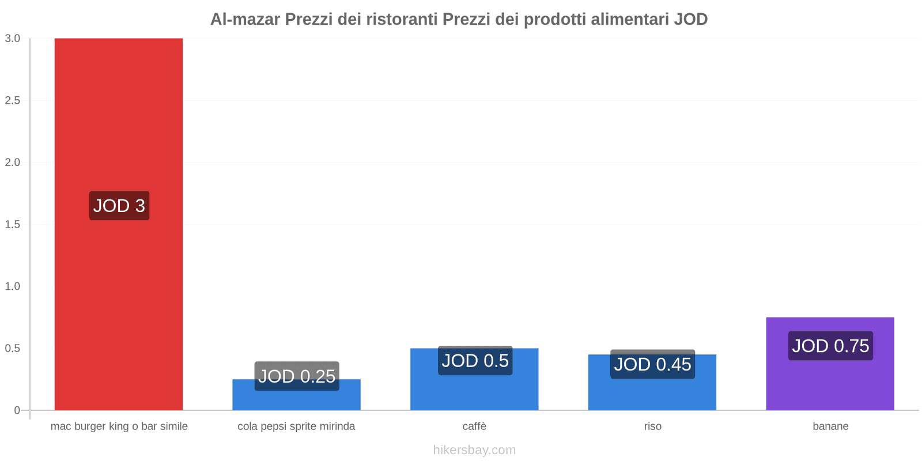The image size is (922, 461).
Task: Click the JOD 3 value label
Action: [119, 206]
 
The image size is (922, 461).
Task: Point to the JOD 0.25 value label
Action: [297, 376]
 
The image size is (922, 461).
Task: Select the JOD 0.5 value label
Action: [475, 361]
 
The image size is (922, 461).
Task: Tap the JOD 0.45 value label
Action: [652, 364]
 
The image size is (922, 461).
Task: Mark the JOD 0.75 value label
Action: [830, 346]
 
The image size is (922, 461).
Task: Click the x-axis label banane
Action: [830, 426]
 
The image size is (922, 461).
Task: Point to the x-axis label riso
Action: [652, 426]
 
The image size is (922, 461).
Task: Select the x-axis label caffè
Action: [474, 426]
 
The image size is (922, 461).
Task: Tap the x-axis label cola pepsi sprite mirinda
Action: [296, 426]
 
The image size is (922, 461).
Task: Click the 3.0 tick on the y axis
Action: [13, 39]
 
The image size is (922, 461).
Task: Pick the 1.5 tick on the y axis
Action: [13, 224]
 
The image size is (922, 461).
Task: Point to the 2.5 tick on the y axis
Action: [13, 100]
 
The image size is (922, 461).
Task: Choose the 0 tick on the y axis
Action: [17, 410]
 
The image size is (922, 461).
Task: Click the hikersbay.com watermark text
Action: [474, 450]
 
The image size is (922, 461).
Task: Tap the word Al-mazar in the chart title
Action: [245, 20]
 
